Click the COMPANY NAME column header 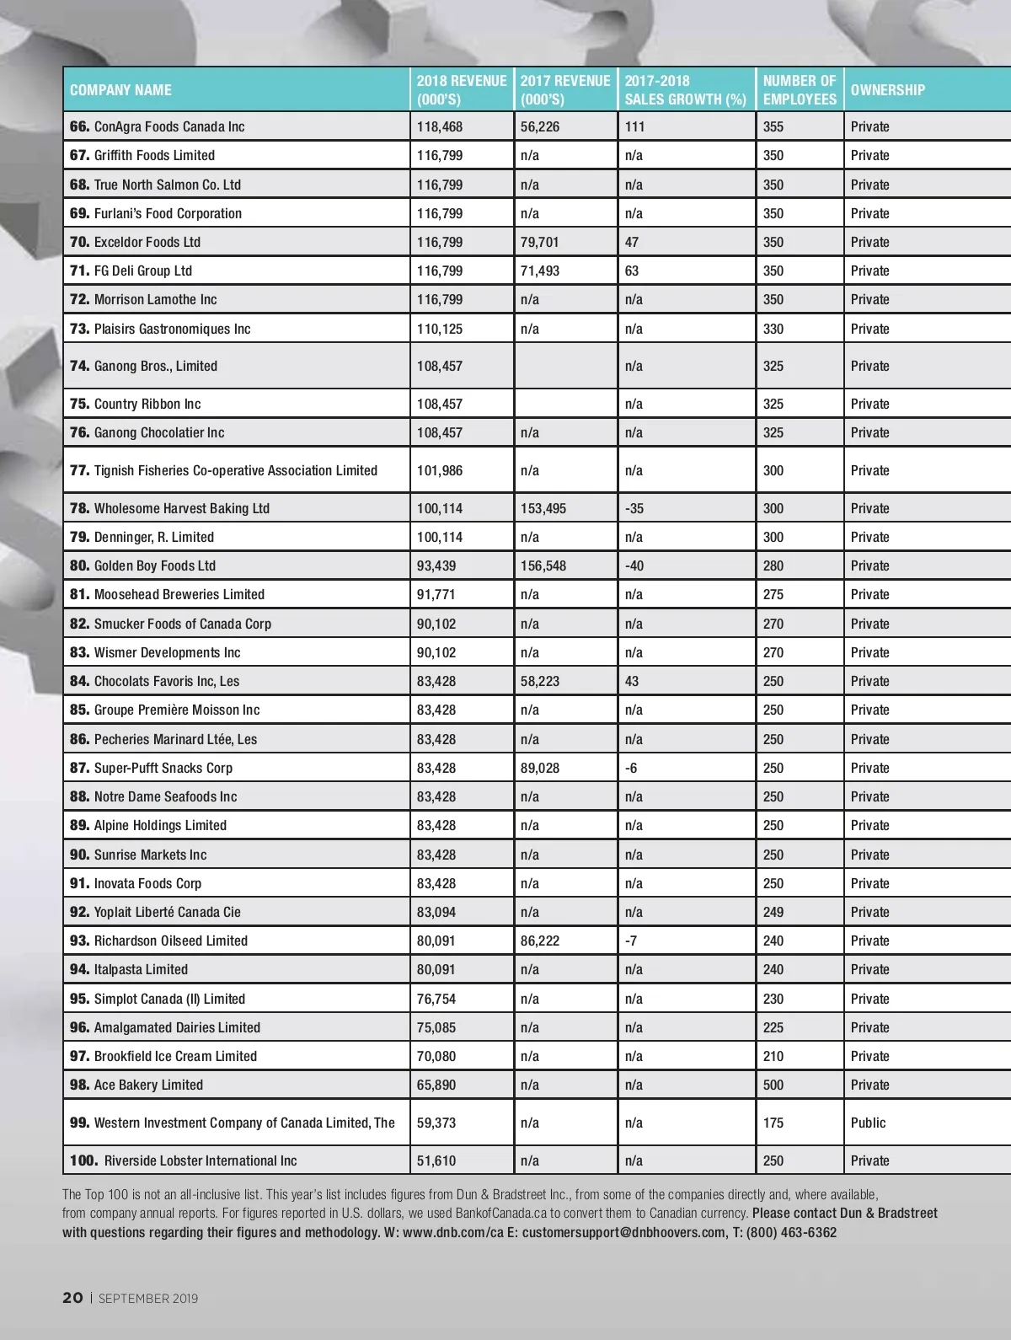click(x=120, y=90)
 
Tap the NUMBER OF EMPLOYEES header click(x=799, y=90)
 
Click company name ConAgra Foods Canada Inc click(x=168, y=126)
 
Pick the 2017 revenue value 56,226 click(x=539, y=126)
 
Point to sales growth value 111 click(x=634, y=126)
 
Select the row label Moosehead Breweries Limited click(x=179, y=594)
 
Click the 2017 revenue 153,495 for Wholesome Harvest click(x=543, y=508)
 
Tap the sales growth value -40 click(x=634, y=565)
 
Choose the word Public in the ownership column click(x=868, y=1123)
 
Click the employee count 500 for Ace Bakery click(x=773, y=1085)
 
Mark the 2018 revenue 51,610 click(x=436, y=1160)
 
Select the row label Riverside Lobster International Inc click(x=201, y=1160)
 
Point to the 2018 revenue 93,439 click(x=436, y=565)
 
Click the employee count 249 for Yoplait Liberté click(x=773, y=912)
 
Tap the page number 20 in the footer click(x=72, y=1298)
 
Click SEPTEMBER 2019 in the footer click(x=148, y=1299)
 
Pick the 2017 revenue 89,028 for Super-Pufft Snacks click(x=539, y=768)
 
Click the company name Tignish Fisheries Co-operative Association click(x=235, y=470)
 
